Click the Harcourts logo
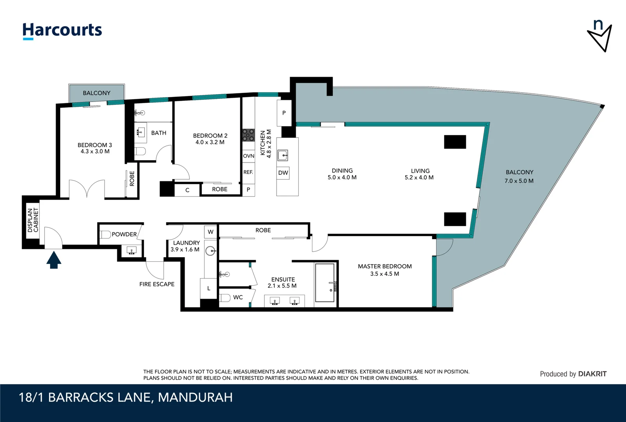coord(62,30)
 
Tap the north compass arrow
coord(599,36)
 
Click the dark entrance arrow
coord(54,260)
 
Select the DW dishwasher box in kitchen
coord(283,173)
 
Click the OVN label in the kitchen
coord(248,156)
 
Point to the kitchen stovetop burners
coord(248,135)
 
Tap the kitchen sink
coord(283,155)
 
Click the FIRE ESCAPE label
coord(157,284)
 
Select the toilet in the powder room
coord(105,235)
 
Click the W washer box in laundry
coord(210,232)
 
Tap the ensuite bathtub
coord(325,283)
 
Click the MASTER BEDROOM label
coord(385,266)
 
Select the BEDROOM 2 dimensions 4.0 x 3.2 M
coord(210,142)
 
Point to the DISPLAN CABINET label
coord(33,220)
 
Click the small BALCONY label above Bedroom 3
coord(96,93)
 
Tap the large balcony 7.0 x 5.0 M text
coord(519,181)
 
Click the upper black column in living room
coord(455,142)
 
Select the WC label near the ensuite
coord(238,297)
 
